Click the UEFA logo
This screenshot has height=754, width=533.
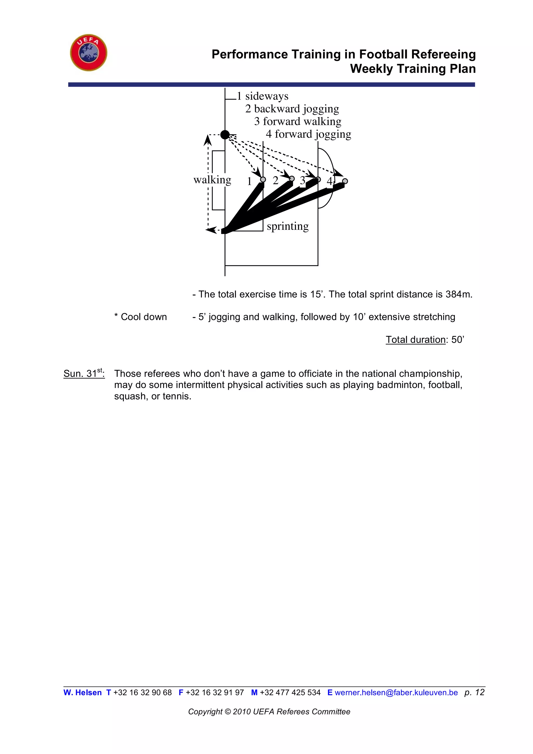[x=88, y=53]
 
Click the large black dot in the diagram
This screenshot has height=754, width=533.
[x=225, y=135]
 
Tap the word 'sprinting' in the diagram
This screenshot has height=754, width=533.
[x=288, y=226]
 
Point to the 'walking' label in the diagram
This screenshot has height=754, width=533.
[x=212, y=180]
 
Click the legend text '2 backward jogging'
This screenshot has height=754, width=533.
[x=292, y=109]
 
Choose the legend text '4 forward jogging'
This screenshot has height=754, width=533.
[x=308, y=134]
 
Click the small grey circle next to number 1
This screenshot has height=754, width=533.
[x=263, y=179]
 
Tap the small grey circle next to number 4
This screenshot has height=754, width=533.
[x=345, y=181]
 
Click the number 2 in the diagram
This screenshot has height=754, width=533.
[x=275, y=180]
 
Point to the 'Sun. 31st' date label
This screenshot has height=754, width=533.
[x=84, y=373]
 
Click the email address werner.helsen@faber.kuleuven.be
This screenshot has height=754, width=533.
[x=396, y=693]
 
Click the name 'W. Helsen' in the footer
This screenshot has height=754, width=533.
[x=83, y=693]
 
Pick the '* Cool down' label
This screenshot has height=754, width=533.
[x=141, y=317]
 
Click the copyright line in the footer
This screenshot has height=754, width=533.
[x=269, y=712]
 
